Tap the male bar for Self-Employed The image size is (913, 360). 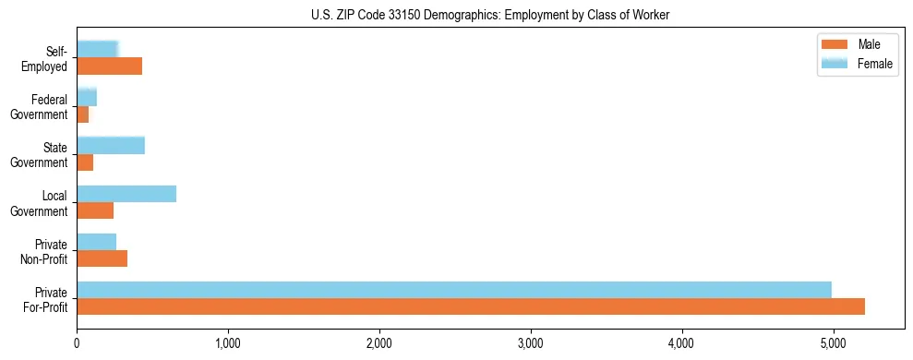click(109, 66)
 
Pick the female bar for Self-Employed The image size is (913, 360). click(97, 49)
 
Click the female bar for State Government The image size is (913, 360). click(111, 145)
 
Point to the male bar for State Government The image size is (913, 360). click(85, 162)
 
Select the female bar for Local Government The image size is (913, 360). click(126, 194)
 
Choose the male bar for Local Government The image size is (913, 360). click(95, 210)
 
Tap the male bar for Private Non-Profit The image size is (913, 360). click(102, 258)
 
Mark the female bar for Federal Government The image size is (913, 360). click(87, 97)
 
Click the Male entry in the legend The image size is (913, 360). click(868, 44)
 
